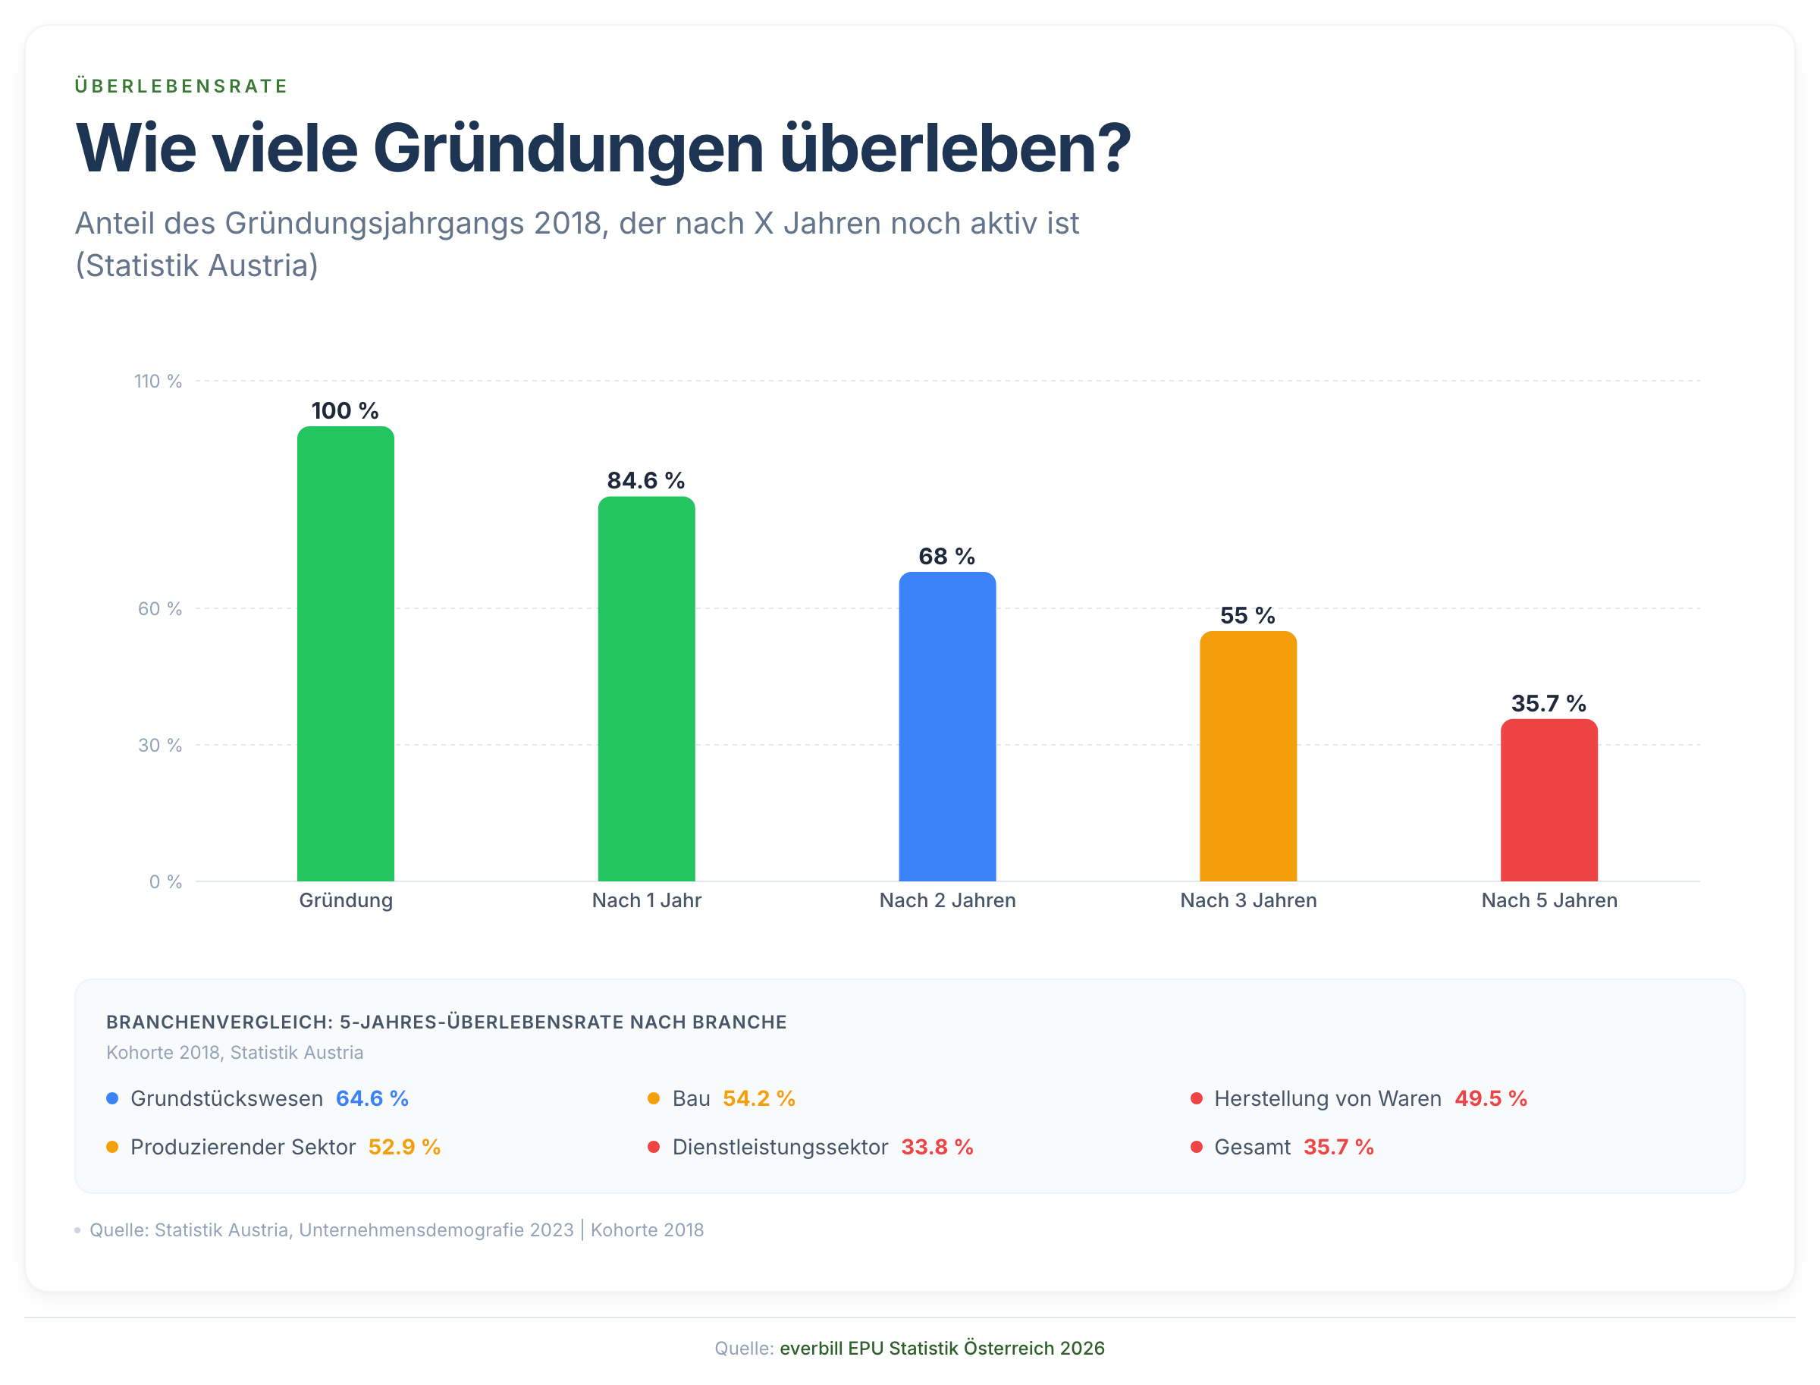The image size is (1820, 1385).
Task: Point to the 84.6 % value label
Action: pyautogui.click(x=646, y=481)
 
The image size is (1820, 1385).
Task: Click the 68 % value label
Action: pyautogui.click(x=947, y=557)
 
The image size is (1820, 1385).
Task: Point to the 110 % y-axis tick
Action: pyautogui.click(x=158, y=381)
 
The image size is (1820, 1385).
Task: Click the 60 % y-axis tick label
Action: pyautogui.click(x=160, y=608)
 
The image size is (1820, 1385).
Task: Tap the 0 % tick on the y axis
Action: pyautogui.click(x=165, y=882)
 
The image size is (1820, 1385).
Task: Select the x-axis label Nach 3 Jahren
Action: pyautogui.click(x=1248, y=900)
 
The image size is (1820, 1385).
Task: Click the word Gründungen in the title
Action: pyautogui.click(x=568, y=149)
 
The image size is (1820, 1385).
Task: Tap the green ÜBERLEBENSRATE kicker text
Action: pyautogui.click(x=181, y=86)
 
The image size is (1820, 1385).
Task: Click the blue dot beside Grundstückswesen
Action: pyautogui.click(x=113, y=1098)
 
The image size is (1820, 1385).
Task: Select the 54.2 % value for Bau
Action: pyautogui.click(x=758, y=1098)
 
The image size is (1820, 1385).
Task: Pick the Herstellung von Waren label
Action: pyautogui.click(x=1327, y=1098)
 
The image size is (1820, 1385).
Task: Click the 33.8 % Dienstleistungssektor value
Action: pyautogui.click(x=937, y=1147)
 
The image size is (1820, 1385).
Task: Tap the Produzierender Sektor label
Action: pyautogui.click(x=243, y=1147)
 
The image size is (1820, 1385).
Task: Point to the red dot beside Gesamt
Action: pyautogui.click(x=1196, y=1147)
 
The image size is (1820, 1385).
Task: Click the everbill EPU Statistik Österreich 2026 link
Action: pyautogui.click(x=941, y=1348)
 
